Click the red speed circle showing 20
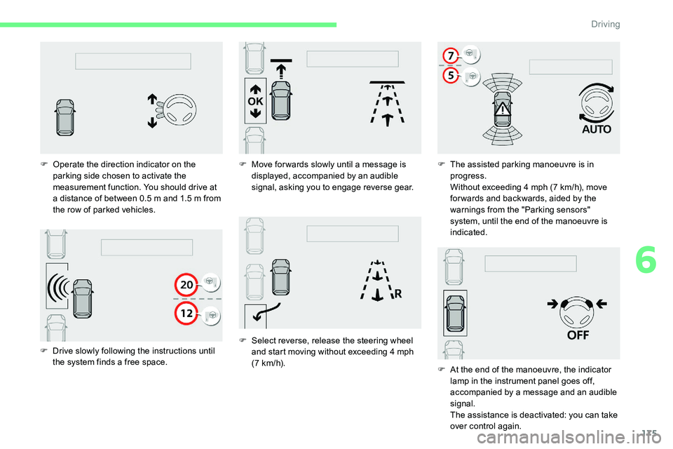click(x=186, y=284)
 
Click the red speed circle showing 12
click(x=186, y=313)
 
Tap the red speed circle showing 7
click(x=451, y=55)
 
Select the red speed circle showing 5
click(x=451, y=76)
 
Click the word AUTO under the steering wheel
click(x=597, y=129)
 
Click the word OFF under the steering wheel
click(x=578, y=335)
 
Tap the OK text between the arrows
click(x=255, y=102)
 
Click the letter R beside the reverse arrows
click(x=398, y=294)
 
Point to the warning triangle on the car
click(x=502, y=109)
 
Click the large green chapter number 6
click(x=646, y=260)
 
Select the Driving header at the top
click(x=605, y=24)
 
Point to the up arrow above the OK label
click(x=255, y=89)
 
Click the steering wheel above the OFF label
click(x=577, y=312)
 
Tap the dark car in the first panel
click(x=65, y=117)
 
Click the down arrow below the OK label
click(x=255, y=113)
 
